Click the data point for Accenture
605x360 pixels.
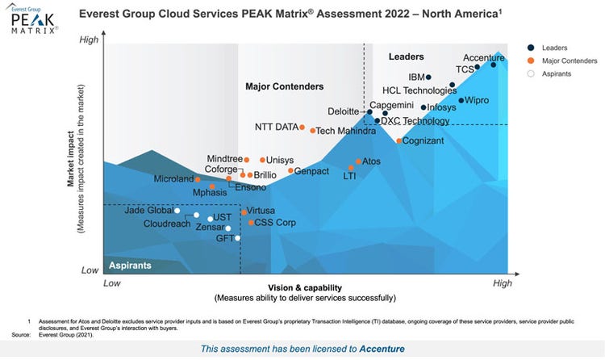click(x=494, y=65)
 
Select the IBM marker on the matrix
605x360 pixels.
click(x=428, y=77)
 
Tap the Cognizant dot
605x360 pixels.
click(x=399, y=140)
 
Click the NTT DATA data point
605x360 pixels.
click(x=302, y=127)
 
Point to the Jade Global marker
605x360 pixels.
click(x=177, y=211)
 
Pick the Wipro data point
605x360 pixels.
click(x=461, y=101)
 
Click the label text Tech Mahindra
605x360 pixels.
click(x=346, y=131)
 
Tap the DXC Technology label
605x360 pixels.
click(x=415, y=121)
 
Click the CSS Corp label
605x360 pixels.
click(x=275, y=223)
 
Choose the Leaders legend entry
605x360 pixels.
click(x=555, y=47)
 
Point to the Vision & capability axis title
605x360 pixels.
click(x=306, y=288)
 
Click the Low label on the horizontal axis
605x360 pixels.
click(x=112, y=283)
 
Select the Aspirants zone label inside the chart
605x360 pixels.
click(x=130, y=266)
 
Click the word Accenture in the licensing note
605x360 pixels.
click(x=379, y=349)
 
